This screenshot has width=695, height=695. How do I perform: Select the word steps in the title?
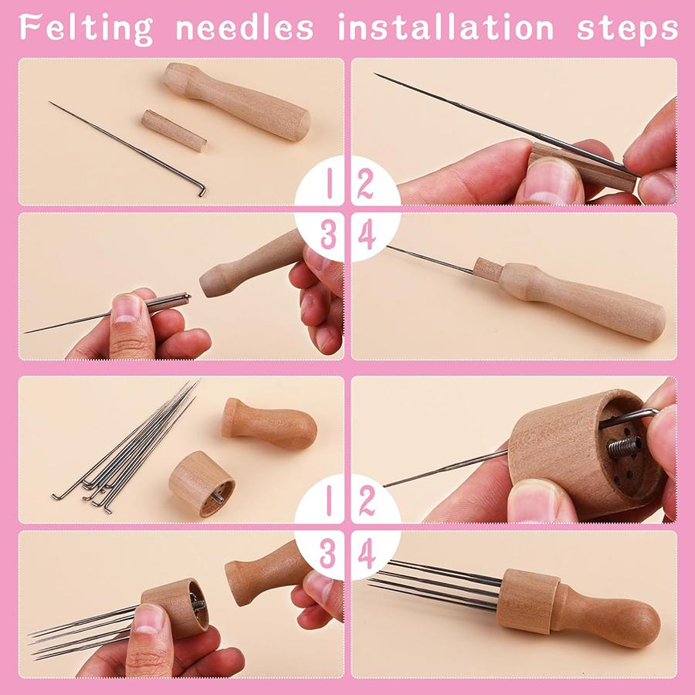627,28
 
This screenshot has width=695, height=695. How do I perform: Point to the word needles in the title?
245,27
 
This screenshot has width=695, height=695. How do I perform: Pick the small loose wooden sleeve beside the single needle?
174,130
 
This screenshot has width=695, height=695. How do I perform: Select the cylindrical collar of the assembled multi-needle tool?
527,601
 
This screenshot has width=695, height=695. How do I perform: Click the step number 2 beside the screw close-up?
366,501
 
